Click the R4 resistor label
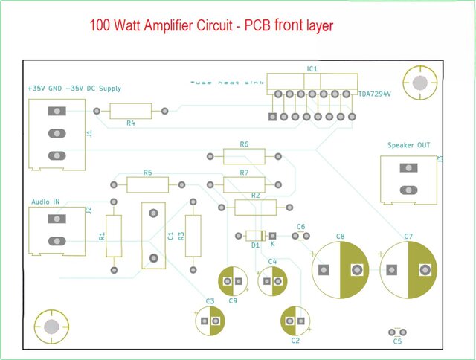pos(131,123)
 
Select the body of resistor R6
pos(244,156)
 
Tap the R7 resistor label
pos(244,173)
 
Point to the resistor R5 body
pos(147,185)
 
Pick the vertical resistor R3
pos(193,235)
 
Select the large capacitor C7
pos(408,269)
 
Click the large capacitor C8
pos(340,269)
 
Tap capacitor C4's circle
pos(272,281)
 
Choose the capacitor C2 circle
pos(295,321)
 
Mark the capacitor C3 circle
pos(210,321)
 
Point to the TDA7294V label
pos(374,95)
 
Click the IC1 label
pos(312,68)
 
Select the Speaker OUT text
pos(408,145)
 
